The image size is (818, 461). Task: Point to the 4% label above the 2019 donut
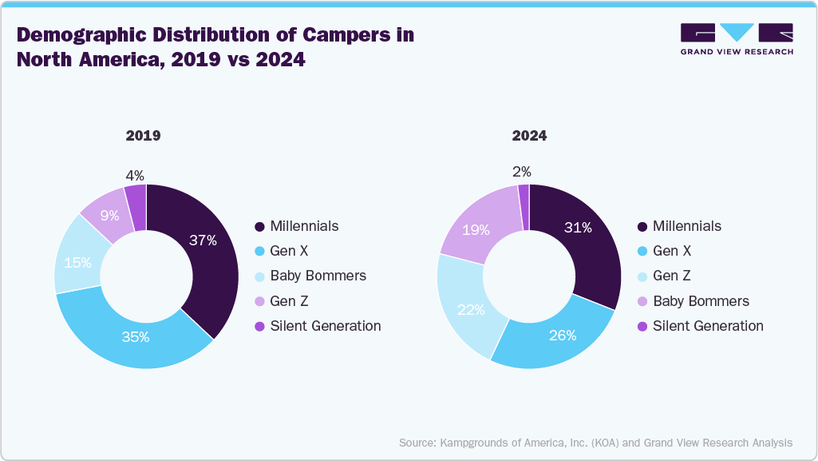[x=136, y=173]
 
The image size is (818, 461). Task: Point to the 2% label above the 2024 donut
[x=522, y=172]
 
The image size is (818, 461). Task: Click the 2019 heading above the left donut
[x=144, y=136]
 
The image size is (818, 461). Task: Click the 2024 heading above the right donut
[x=529, y=136]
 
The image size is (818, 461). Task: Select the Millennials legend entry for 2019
[x=304, y=226]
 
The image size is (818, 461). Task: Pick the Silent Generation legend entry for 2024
[x=707, y=326]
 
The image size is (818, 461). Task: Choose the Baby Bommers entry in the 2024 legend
[x=701, y=301]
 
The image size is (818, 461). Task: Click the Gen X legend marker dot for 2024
[x=642, y=252]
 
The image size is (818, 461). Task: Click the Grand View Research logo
[x=736, y=38]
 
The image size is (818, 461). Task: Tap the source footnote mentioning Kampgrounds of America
[x=595, y=442]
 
